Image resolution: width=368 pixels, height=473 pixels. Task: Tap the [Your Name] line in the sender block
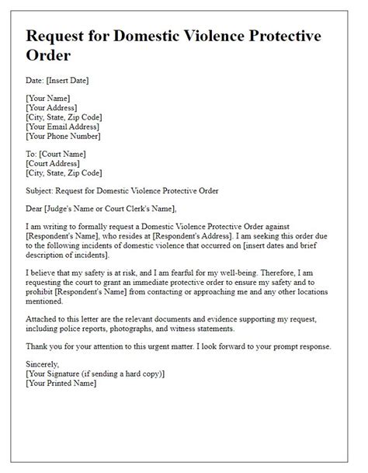coord(48,98)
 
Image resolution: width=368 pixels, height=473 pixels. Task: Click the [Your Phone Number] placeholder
coord(68,135)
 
